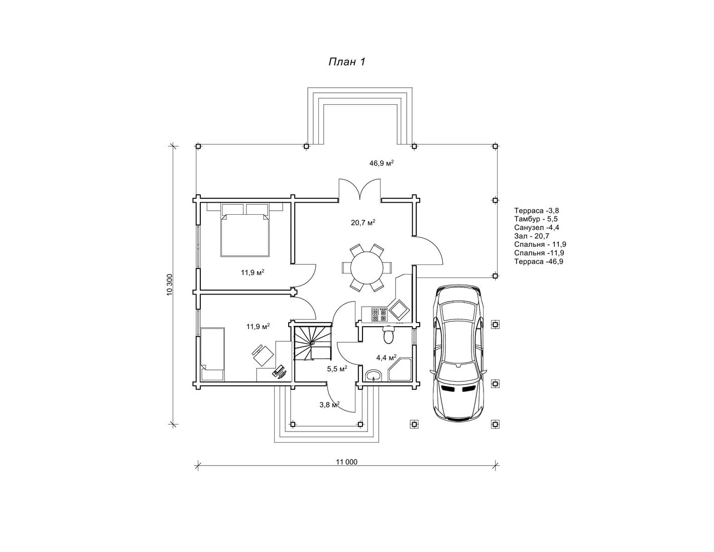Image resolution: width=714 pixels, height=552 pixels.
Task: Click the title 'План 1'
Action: pos(346,62)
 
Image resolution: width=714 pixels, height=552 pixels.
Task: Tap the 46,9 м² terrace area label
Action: pos(381,163)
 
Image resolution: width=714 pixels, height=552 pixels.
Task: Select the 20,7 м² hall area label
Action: pos(363,222)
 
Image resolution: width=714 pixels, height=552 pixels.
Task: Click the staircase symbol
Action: pos(312,343)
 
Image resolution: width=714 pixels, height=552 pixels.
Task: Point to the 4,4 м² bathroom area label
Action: pos(386,358)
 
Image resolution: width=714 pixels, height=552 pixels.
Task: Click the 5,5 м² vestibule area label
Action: pos(337,369)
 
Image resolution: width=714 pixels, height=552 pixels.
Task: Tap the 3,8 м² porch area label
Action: pos(329,404)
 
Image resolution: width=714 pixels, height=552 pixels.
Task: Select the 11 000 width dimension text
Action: pos(347,462)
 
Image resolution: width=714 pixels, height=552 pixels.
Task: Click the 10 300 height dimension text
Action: pos(170,285)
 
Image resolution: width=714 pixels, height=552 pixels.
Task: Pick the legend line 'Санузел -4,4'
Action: pos(537,227)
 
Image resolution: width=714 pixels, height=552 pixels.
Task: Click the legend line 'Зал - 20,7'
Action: pos(532,236)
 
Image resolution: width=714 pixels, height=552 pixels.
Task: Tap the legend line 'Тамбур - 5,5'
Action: pos(536,219)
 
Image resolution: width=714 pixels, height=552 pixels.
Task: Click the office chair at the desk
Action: pos(262,354)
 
